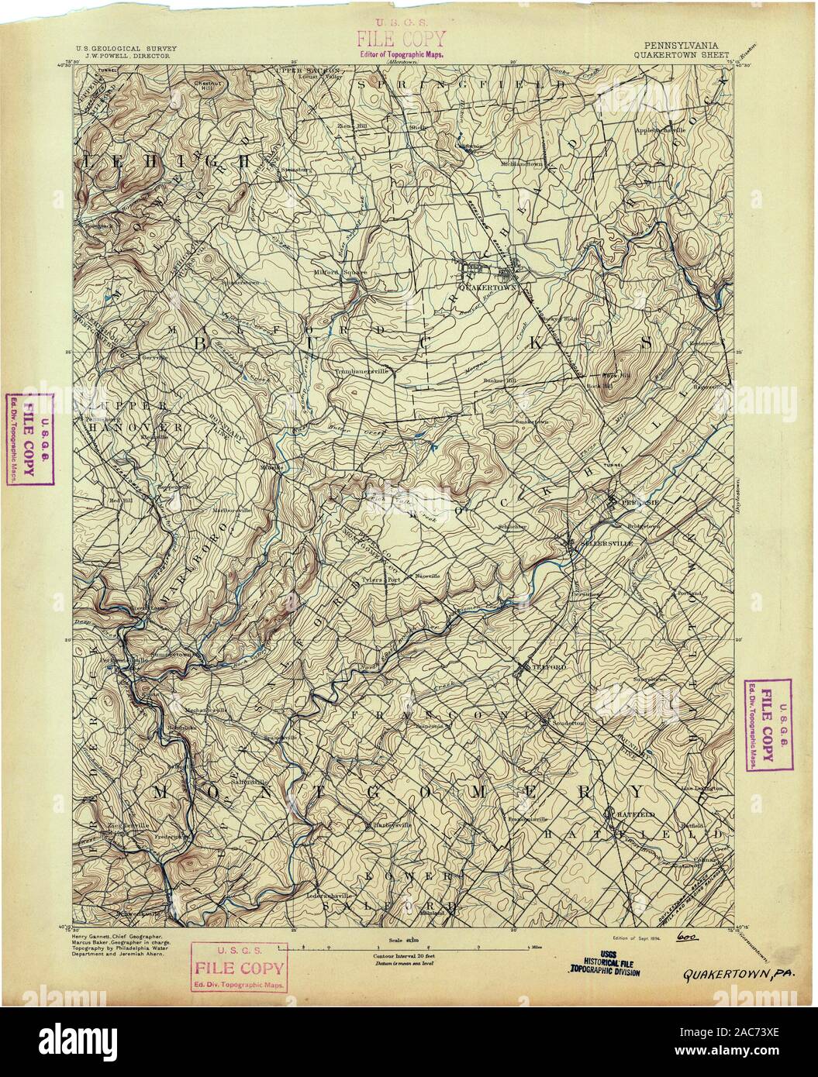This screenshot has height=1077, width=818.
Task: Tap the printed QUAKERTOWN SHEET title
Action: [x=679, y=56]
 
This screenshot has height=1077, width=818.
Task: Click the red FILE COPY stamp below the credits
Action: [x=238, y=968]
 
